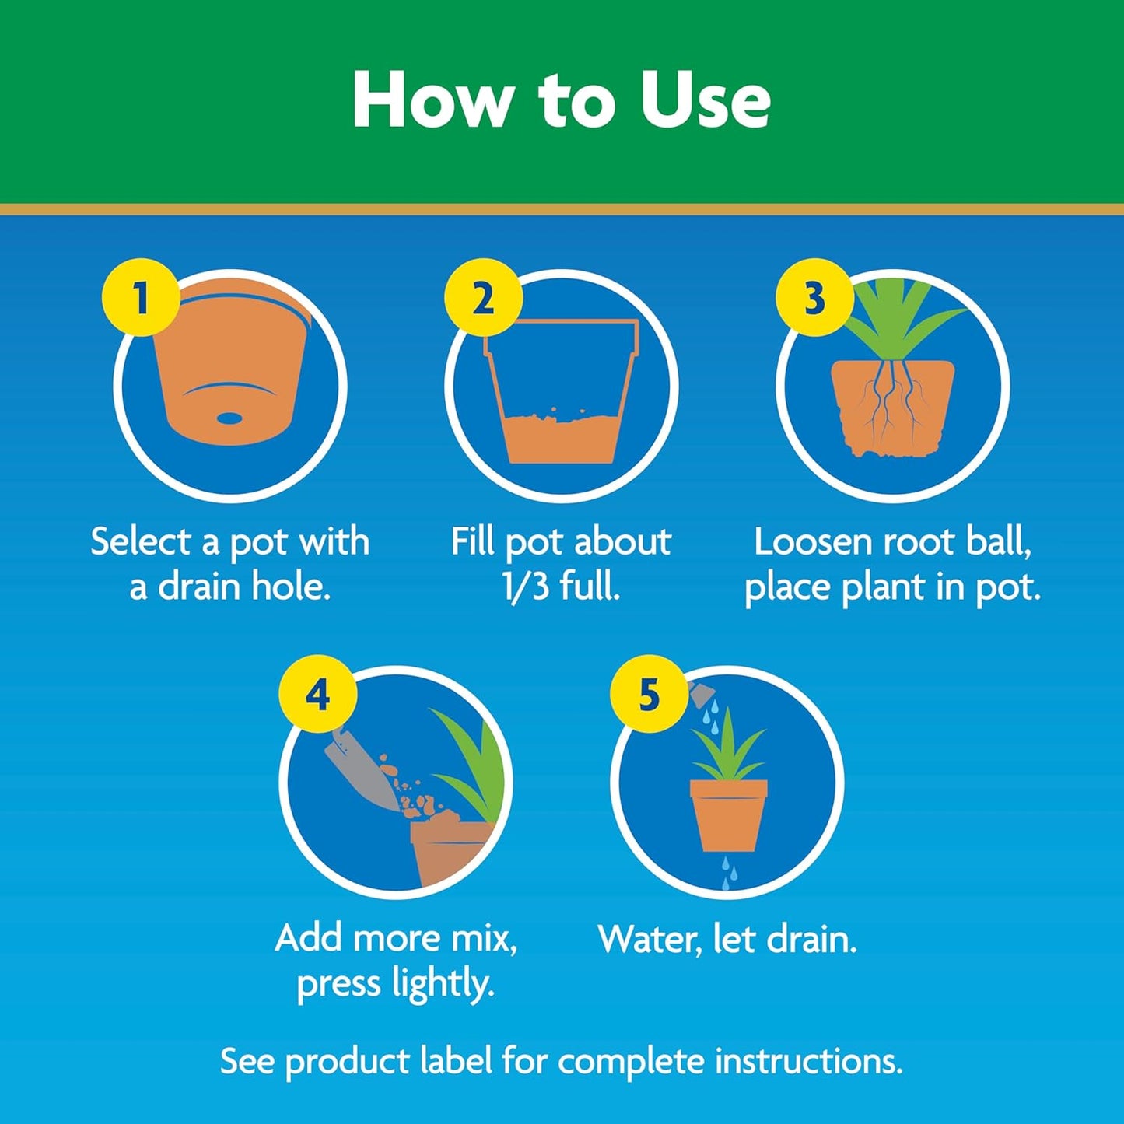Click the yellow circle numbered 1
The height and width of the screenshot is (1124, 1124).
pyautogui.click(x=141, y=298)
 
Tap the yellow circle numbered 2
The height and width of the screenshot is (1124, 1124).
pyautogui.click(x=483, y=298)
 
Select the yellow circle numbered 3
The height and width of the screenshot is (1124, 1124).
pyautogui.click(x=814, y=298)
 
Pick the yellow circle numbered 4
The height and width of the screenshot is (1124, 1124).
pyautogui.click(x=317, y=694)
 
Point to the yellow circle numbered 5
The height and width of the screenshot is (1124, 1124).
pyautogui.click(x=649, y=694)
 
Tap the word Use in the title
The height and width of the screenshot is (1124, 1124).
pyautogui.click(x=705, y=101)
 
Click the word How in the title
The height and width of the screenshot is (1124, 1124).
pyautogui.click(x=432, y=101)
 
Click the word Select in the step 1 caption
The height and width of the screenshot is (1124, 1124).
pyautogui.click(x=141, y=541)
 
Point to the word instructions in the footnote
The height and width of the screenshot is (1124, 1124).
pyautogui.click(x=808, y=1061)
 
